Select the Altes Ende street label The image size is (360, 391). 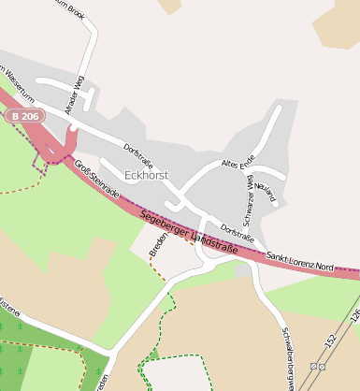pyautogui.click(x=238, y=164)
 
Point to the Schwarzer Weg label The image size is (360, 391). pyautogui.click(x=249, y=199)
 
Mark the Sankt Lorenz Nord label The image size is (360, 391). pyautogui.click(x=299, y=261)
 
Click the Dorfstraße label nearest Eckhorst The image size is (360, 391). pyautogui.click(x=141, y=153)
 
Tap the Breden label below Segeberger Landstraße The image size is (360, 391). pyautogui.click(x=159, y=246)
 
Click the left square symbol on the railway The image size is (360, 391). pyautogui.click(x=314, y=366)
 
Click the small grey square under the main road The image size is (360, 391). pyautogui.click(x=243, y=270)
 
